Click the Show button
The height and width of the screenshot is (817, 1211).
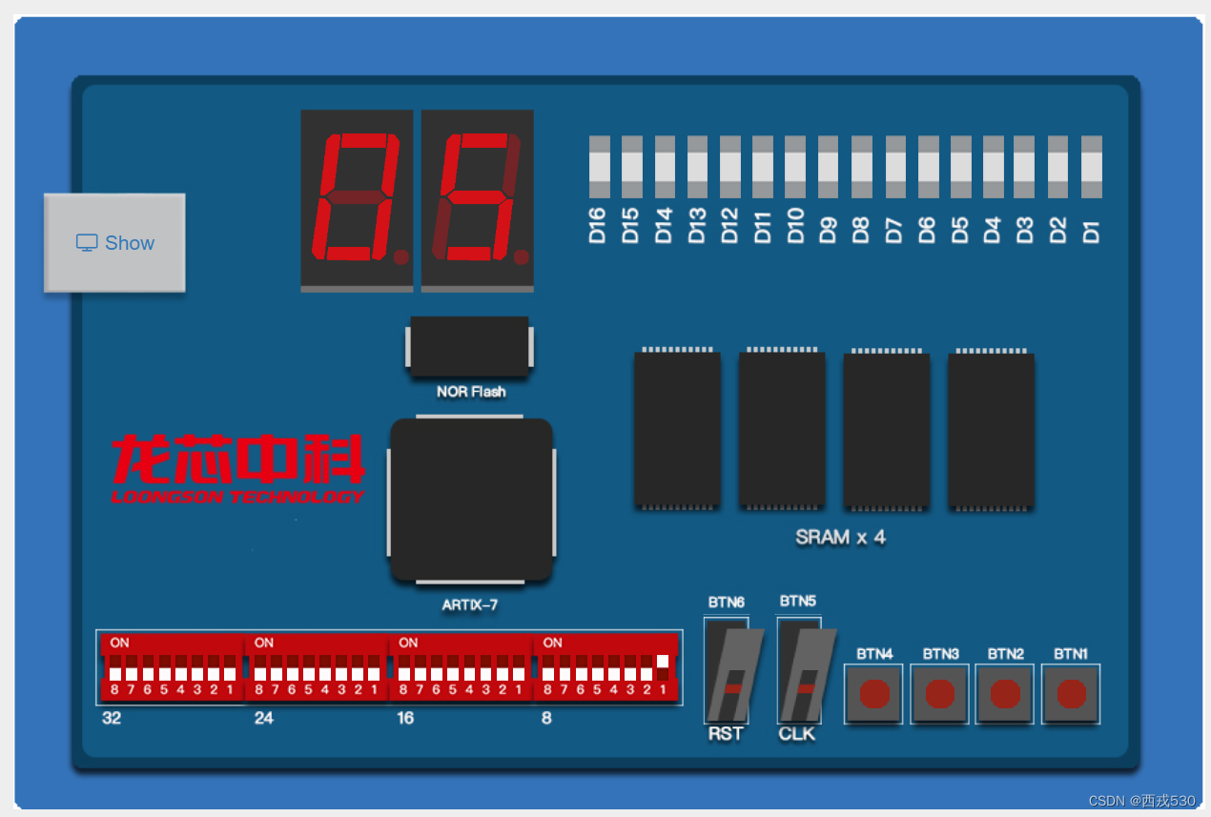click(114, 243)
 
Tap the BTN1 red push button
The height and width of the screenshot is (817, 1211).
click(1071, 693)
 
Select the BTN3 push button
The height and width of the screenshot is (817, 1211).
click(939, 693)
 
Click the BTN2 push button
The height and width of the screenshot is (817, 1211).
click(1005, 693)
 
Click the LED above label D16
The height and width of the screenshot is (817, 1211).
click(599, 167)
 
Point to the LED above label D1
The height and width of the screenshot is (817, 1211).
click(1091, 167)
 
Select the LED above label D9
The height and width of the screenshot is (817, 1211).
click(828, 167)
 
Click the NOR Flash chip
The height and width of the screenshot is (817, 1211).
click(469, 346)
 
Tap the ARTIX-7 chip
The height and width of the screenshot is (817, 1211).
click(471, 499)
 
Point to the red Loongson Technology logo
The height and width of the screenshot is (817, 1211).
click(237, 468)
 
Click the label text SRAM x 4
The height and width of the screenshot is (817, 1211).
click(840, 538)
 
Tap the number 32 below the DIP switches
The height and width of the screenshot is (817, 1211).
click(112, 718)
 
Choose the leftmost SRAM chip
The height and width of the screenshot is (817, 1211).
click(677, 429)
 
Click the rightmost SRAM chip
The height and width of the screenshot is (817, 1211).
click(991, 429)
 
